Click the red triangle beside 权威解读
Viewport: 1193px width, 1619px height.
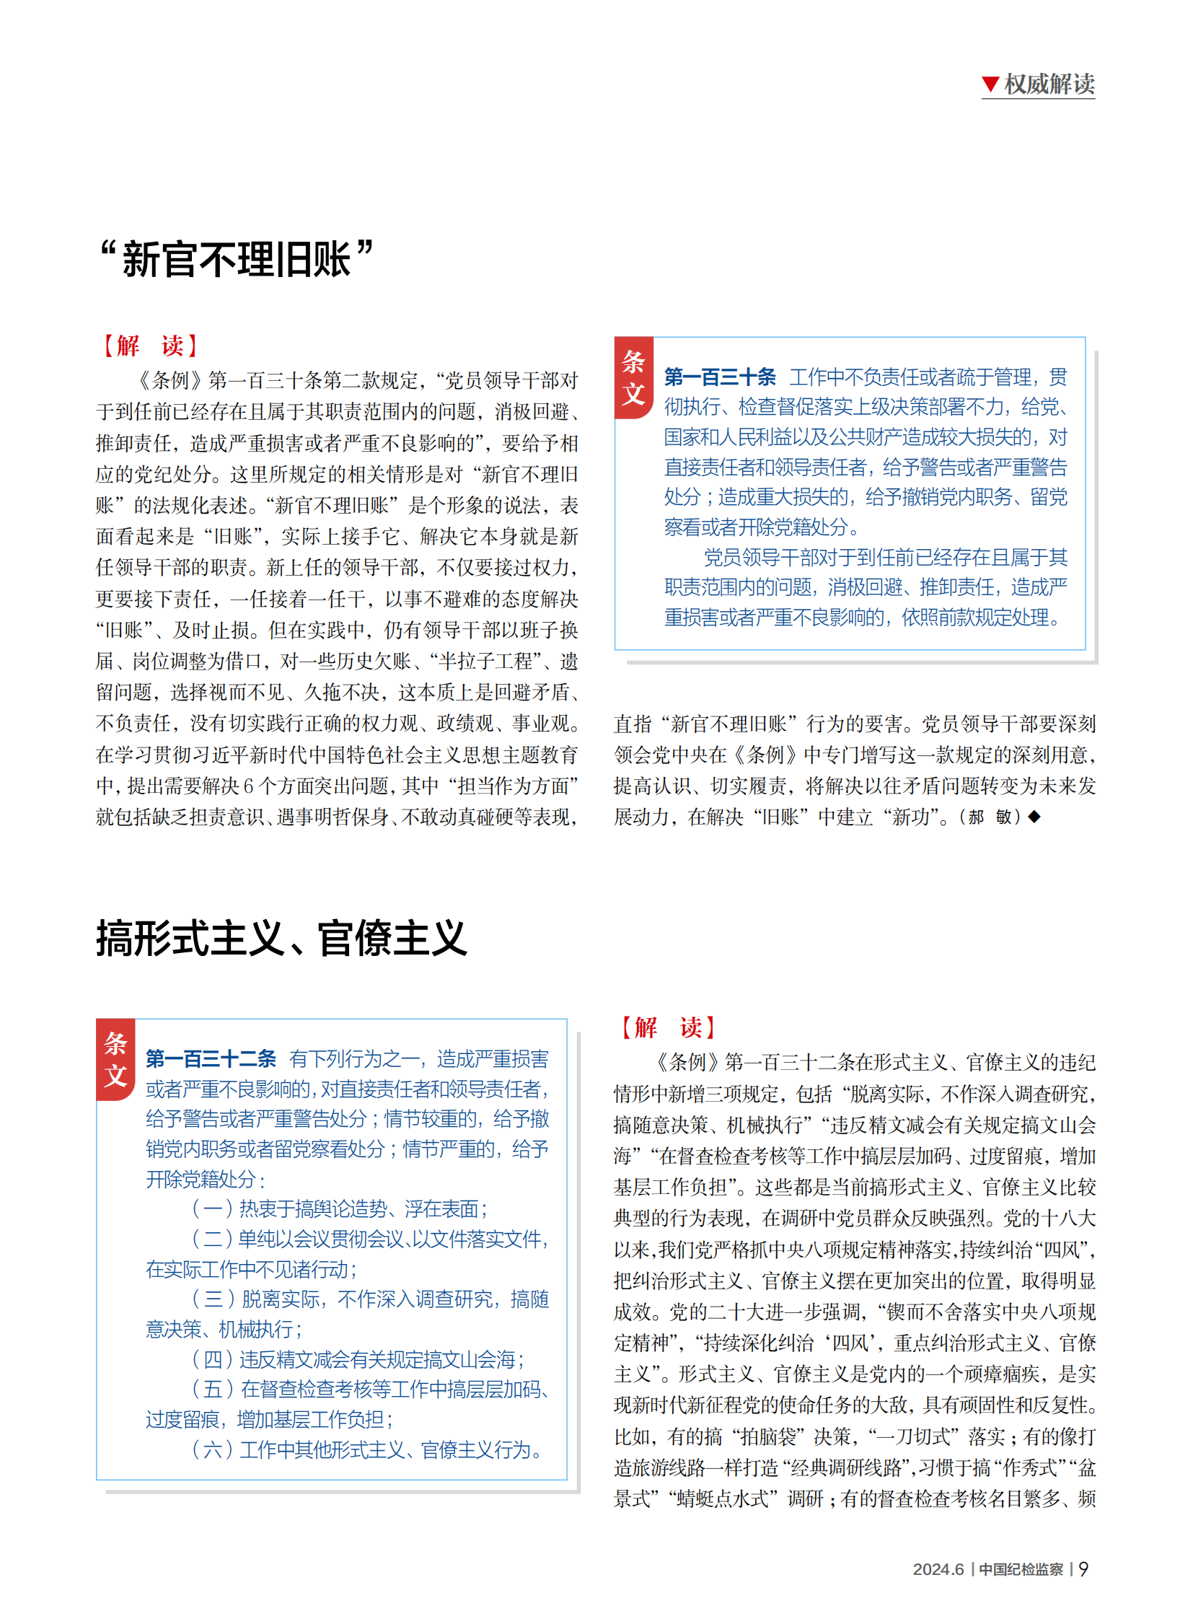coord(990,84)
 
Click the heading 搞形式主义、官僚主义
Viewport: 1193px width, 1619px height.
coord(281,939)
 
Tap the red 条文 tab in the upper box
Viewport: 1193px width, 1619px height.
coord(633,378)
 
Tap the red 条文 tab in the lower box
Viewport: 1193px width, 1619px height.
coord(115,1059)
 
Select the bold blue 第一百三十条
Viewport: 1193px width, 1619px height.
coord(719,377)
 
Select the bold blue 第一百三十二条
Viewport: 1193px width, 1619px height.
coord(210,1058)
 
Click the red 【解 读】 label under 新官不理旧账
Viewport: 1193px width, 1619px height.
coord(149,346)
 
